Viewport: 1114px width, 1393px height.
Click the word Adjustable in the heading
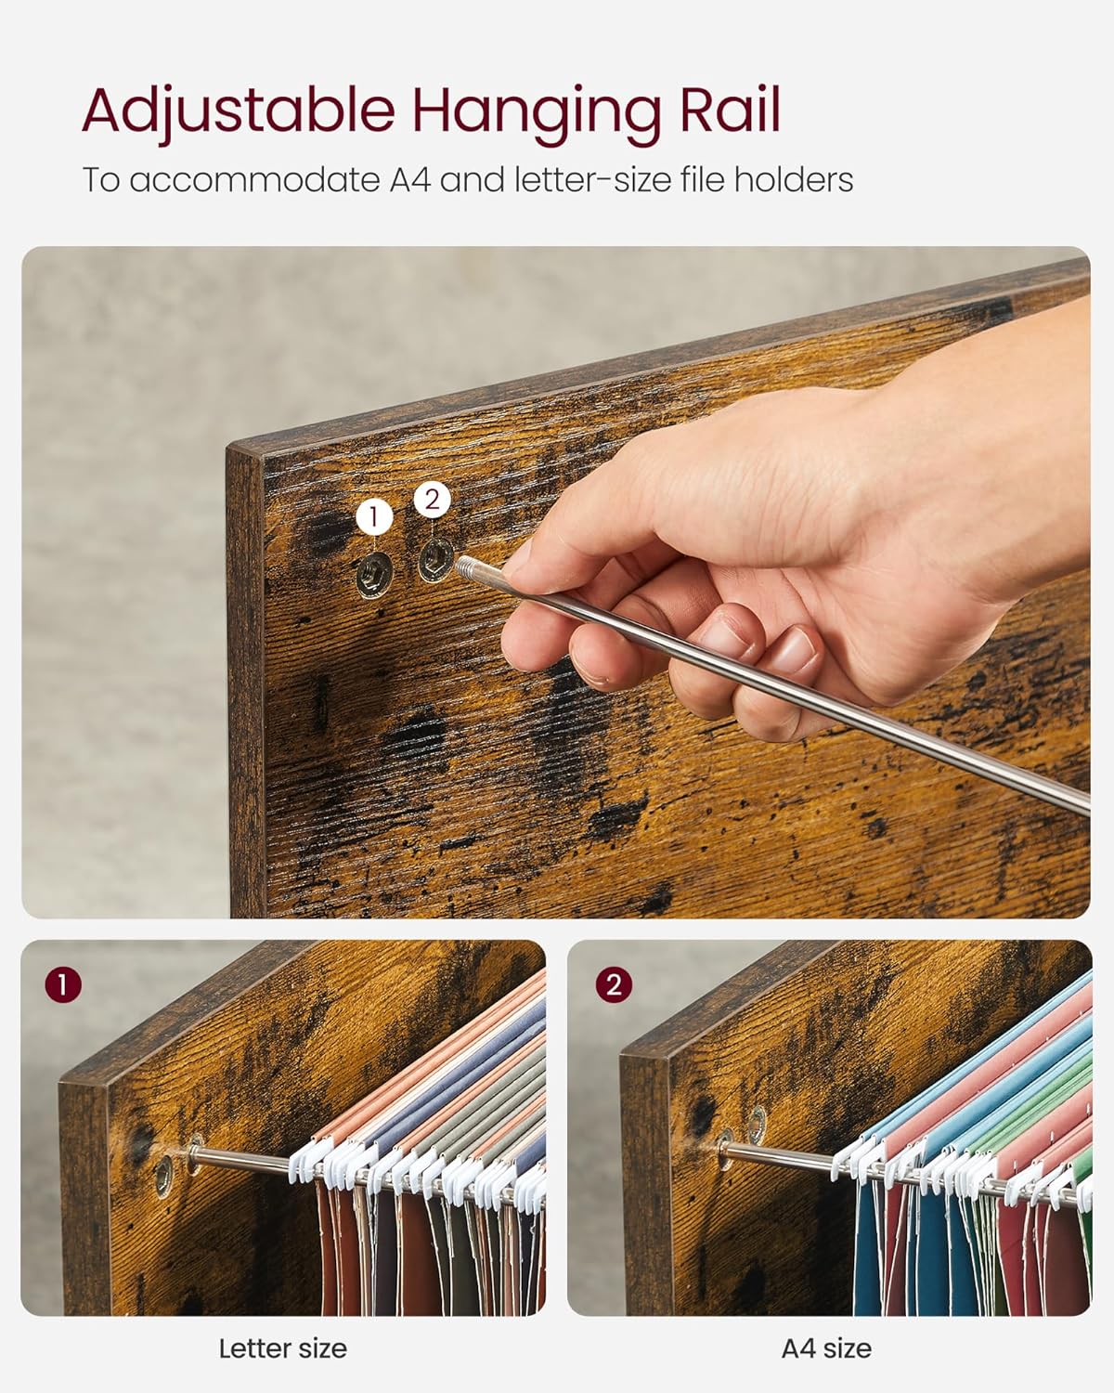tap(239, 113)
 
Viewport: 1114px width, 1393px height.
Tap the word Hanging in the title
tap(537, 114)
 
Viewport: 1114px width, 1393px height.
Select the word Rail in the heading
tap(730, 110)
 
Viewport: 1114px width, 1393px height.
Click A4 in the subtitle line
tap(410, 178)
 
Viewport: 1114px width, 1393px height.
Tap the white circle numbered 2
tap(433, 499)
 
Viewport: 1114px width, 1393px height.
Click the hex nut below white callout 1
tap(374, 574)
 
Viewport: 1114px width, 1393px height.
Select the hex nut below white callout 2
tap(435, 559)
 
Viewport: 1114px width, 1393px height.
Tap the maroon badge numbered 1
tap(63, 984)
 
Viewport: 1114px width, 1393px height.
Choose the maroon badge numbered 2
tap(613, 984)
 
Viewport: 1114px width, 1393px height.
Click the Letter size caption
tap(283, 1348)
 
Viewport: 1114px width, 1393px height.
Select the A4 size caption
tap(826, 1348)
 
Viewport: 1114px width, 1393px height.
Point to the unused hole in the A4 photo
tap(756, 1125)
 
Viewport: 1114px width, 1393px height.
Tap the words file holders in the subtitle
tap(767, 178)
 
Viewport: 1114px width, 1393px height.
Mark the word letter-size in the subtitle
tap(593, 178)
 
